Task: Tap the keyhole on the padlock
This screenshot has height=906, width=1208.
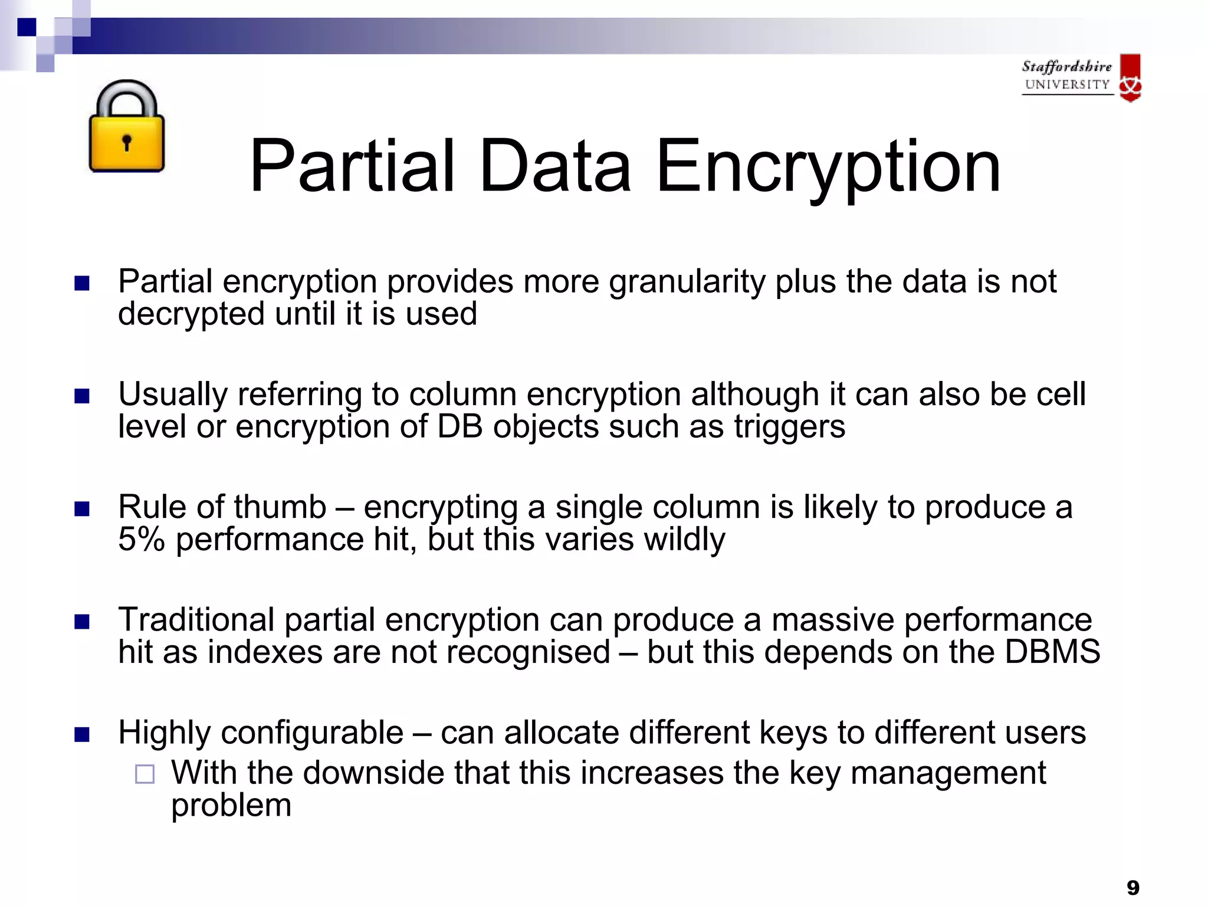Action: point(126,142)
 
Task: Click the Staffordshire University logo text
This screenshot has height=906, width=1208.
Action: point(1066,75)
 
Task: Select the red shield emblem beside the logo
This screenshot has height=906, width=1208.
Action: point(1130,78)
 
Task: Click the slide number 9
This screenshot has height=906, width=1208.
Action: point(1132,887)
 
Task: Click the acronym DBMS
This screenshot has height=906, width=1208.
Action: point(1052,652)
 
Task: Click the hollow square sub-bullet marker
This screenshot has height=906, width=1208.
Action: point(145,774)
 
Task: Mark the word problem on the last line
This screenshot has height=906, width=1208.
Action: point(231,805)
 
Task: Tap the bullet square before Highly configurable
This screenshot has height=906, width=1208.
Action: point(82,734)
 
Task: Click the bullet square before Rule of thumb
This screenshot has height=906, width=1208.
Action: point(82,508)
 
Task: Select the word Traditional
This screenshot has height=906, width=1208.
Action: point(196,620)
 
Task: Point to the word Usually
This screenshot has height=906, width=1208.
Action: point(172,394)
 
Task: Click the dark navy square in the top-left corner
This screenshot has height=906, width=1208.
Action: point(27,27)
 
